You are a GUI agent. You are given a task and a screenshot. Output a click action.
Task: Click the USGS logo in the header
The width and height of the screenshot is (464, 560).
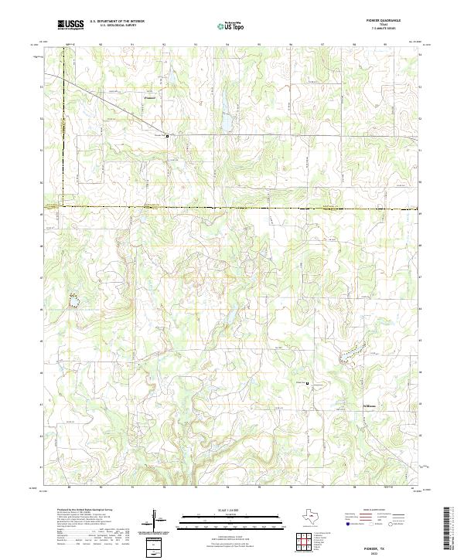(x=71, y=25)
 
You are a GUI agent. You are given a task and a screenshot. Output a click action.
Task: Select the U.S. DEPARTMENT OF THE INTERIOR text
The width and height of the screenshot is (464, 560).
(x=117, y=22)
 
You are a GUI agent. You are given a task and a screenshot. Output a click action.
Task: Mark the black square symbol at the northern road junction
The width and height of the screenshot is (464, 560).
(x=166, y=135)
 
